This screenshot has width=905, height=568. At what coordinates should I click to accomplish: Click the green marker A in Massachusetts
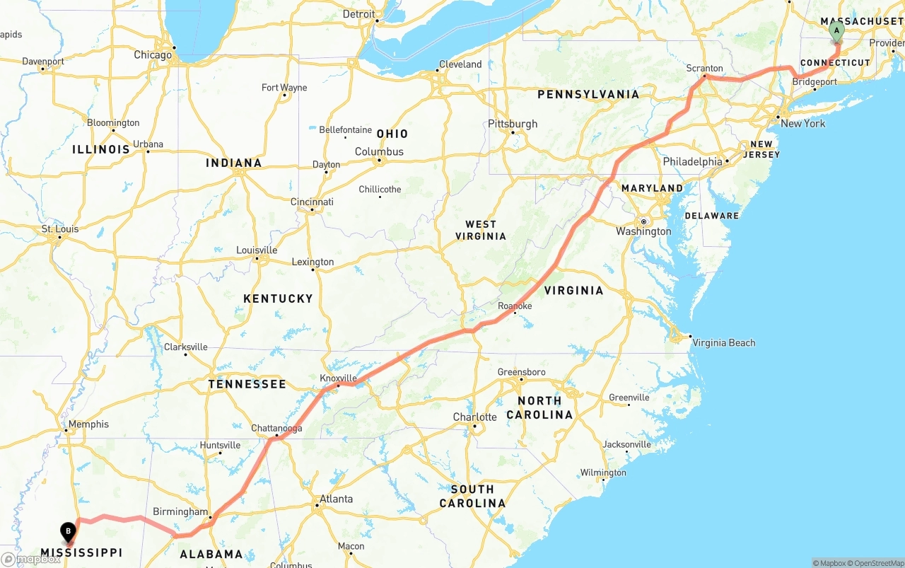(x=836, y=30)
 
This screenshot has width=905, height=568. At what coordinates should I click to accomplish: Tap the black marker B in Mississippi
(x=68, y=531)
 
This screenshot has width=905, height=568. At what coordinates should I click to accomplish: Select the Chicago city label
(x=153, y=55)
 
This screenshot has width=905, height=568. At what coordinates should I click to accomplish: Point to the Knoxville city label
(x=338, y=378)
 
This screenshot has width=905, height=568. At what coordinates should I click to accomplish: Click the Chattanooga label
(x=276, y=429)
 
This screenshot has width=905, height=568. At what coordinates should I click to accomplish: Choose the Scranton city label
(x=704, y=69)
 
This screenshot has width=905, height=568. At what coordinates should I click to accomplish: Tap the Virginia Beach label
(x=723, y=343)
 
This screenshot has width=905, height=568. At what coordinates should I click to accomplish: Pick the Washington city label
(x=643, y=231)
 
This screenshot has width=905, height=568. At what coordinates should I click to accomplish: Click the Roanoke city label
(x=515, y=306)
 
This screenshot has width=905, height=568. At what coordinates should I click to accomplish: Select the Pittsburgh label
(x=513, y=124)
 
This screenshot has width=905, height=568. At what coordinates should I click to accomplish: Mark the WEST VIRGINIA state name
(x=481, y=230)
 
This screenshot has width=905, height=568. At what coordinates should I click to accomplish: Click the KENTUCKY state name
(x=278, y=299)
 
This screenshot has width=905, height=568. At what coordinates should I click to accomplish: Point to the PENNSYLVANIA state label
(x=588, y=94)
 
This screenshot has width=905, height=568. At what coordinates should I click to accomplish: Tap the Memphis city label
(x=88, y=424)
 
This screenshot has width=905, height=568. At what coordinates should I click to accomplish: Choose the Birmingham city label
(x=180, y=512)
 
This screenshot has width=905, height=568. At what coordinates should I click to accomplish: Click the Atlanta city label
(x=336, y=499)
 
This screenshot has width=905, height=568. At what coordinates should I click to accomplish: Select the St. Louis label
(x=60, y=229)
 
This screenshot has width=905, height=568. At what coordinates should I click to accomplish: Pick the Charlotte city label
(x=474, y=417)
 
